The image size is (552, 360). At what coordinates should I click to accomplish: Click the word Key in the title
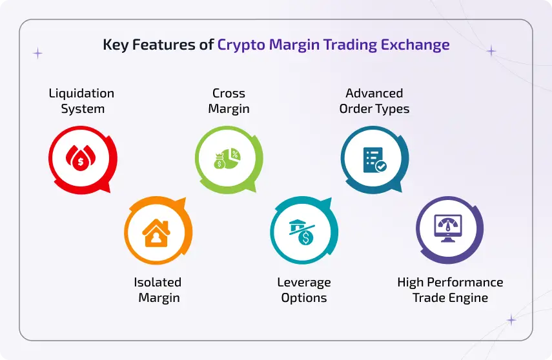pyautogui.click(x=116, y=46)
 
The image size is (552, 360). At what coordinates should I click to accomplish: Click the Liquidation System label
pyautogui.click(x=82, y=101)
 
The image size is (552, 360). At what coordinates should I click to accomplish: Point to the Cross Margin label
pyautogui.click(x=229, y=101)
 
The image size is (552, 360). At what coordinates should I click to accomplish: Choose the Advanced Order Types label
pyautogui.click(x=374, y=101)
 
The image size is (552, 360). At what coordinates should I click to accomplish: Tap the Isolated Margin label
pyautogui.click(x=158, y=290)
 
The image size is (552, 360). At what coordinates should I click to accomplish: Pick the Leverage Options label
pyautogui.click(x=304, y=290)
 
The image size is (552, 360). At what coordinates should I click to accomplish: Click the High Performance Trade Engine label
pyautogui.click(x=450, y=290)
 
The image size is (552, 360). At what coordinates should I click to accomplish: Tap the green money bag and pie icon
pyautogui.click(x=228, y=157)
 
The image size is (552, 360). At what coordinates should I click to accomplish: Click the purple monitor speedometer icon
pyautogui.click(x=449, y=230)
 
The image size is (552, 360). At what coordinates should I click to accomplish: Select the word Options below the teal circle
pyautogui.click(x=304, y=297)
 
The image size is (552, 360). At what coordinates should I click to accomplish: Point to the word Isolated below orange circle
pyautogui.click(x=158, y=282)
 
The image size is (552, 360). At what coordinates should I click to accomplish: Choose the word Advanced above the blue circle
pyautogui.click(x=374, y=94)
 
